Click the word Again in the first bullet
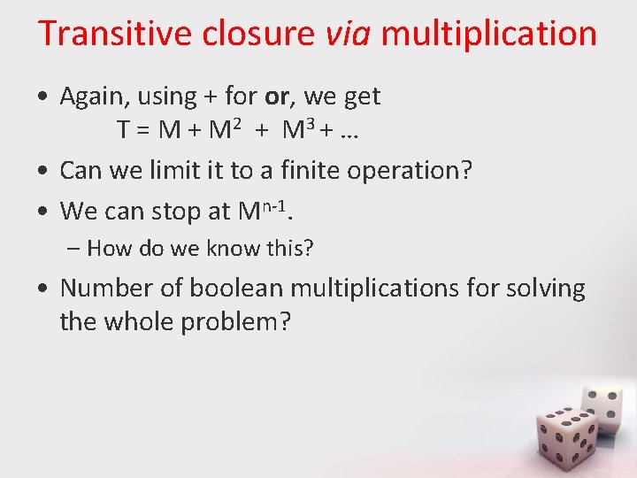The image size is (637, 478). click(96, 96)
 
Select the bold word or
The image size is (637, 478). click(277, 96)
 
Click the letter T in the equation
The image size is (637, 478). click(125, 132)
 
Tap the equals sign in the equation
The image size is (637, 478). click(145, 132)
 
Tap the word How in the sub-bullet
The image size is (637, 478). click(107, 249)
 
